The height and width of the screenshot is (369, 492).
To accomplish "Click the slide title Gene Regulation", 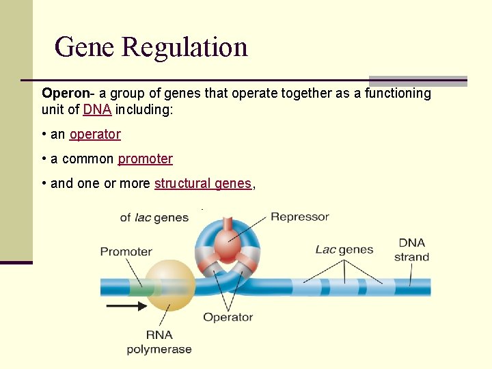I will tap(150, 47).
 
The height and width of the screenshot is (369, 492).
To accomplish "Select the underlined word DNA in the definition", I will tap(97, 109).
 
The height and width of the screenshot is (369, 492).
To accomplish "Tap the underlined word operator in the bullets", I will tap(95, 135).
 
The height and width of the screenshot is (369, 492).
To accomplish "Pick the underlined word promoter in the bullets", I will tap(145, 159).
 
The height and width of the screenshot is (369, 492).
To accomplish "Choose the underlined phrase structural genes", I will tap(203, 184).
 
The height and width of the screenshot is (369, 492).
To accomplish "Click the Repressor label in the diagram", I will tap(299, 217).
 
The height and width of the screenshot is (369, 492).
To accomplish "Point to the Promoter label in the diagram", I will tap(126, 251).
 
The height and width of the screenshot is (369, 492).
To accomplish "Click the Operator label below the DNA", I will tap(228, 317).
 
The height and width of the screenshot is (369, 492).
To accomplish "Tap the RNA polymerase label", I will tap(159, 342).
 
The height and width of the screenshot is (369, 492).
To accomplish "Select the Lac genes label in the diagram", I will tap(344, 249).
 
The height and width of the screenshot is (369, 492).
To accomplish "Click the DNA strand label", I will tap(411, 250).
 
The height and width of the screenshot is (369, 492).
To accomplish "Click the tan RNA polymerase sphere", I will tap(167, 286).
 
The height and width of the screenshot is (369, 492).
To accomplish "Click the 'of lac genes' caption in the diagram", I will tap(154, 217).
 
